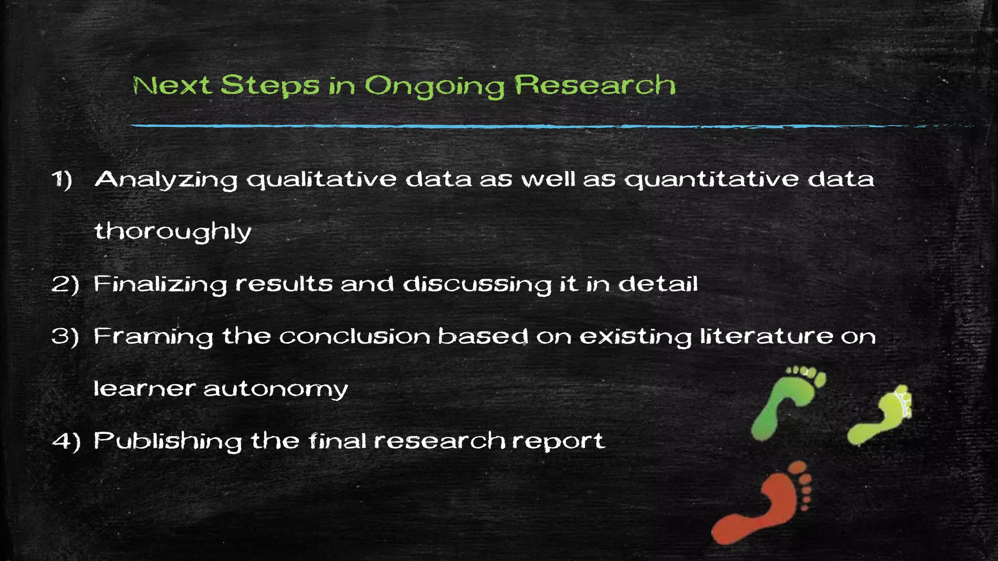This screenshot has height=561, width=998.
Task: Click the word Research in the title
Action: (x=595, y=85)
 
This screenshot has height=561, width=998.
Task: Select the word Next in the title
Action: (x=173, y=86)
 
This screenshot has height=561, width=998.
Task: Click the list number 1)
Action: (x=62, y=179)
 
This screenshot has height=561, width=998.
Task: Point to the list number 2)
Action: (x=65, y=284)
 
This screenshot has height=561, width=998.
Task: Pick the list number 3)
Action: (x=65, y=337)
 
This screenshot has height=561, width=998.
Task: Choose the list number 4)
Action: (x=66, y=441)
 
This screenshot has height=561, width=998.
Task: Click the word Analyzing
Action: (x=166, y=180)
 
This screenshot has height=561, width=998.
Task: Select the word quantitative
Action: (x=712, y=180)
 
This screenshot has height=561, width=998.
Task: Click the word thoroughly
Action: (x=173, y=232)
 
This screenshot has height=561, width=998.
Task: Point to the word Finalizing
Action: (x=160, y=284)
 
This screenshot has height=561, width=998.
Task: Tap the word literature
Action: (x=767, y=336)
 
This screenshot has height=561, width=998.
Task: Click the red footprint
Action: (x=763, y=505)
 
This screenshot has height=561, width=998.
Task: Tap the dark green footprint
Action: (x=785, y=402)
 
